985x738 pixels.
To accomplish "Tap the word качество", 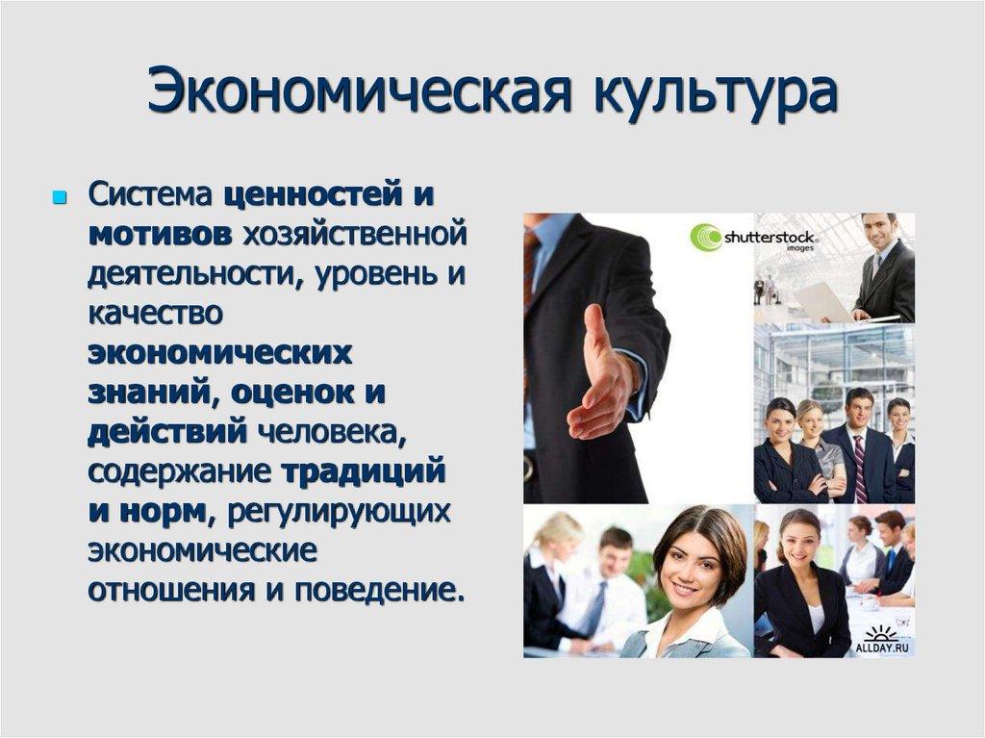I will click(x=156, y=314).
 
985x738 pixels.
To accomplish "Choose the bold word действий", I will click(x=168, y=432).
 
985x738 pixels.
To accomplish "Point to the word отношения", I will click(x=164, y=589).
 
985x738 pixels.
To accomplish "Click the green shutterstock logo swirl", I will click(x=707, y=238).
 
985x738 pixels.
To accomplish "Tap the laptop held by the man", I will click(x=822, y=302).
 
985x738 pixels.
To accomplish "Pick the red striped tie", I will click(x=859, y=469).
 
